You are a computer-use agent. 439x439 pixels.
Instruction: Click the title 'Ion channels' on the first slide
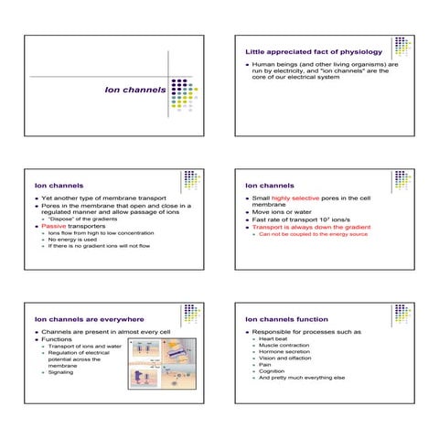(x=134, y=91)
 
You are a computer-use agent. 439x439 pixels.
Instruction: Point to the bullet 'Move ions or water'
(x=288, y=213)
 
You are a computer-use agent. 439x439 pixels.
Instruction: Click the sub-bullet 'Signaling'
(x=61, y=373)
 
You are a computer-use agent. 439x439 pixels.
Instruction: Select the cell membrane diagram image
(x=162, y=364)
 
